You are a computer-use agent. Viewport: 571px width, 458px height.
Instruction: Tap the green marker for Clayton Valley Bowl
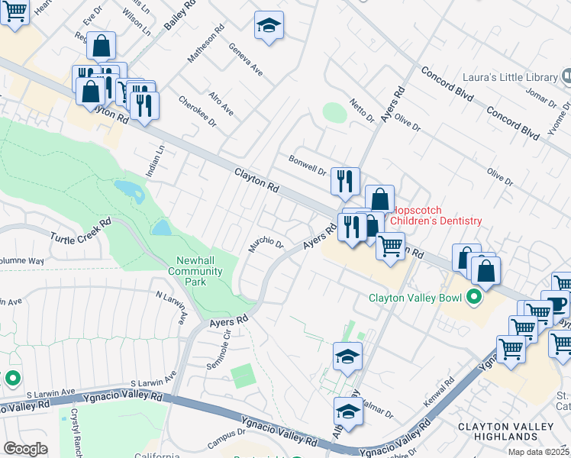[x=473, y=298]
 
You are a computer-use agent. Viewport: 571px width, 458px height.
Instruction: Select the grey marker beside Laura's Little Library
[x=567, y=76]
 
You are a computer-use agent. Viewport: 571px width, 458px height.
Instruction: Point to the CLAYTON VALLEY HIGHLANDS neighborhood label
[x=505, y=431]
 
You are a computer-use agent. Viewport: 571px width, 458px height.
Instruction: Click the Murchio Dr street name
[x=266, y=245]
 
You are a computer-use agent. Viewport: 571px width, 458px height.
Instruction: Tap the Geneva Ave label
[x=246, y=59]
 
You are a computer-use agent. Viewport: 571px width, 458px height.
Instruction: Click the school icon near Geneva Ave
[x=269, y=26]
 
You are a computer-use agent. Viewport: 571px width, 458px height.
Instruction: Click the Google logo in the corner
[x=26, y=449]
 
